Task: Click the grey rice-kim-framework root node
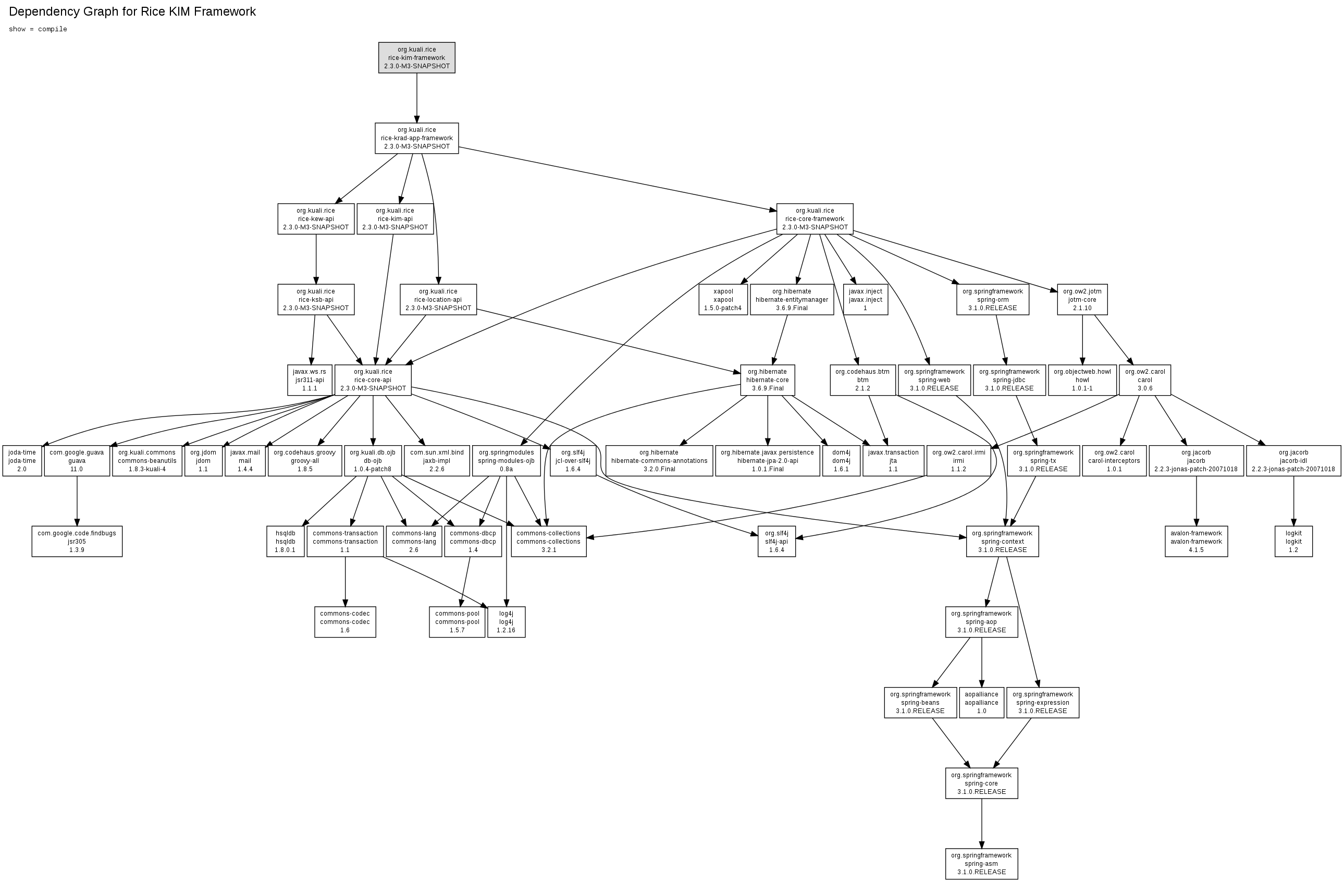coord(417,58)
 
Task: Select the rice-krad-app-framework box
coord(417,138)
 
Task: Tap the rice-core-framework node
coord(815,218)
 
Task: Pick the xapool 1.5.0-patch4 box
coord(723,299)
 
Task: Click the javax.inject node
coord(865,299)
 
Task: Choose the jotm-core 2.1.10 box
coord(1082,299)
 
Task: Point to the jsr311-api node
coord(310,379)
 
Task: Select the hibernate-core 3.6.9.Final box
coord(767,379)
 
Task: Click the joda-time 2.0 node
coord(22,460)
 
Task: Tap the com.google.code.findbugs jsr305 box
coord(77,541)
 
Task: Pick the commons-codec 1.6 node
coord(345,621)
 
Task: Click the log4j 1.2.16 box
coord(506,621)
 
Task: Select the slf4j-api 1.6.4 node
coord(776,541)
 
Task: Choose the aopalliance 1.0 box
coord(981,702)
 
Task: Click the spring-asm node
coord(981,863)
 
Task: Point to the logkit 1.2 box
coord(1293,541)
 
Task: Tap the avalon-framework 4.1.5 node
coord(1196,541)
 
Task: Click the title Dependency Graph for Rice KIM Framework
coord(132,12)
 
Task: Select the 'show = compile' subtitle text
coord(38,29)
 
